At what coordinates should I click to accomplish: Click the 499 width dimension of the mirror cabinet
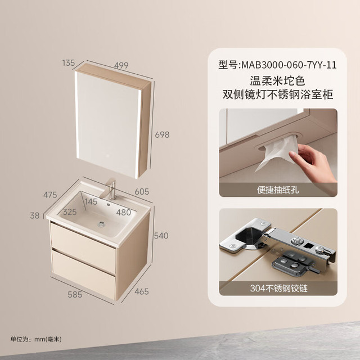[x=121, y=65]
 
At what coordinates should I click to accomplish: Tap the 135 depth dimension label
[x=69, y=62]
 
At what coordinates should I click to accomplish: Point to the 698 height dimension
[x=162, y=134]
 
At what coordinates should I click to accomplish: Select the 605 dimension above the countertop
[x=142, y=191]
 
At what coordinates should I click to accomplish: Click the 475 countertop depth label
[x=50, y=195]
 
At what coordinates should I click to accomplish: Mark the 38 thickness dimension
[x=35, y=215]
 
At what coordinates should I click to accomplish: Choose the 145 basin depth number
[x=91, y=201]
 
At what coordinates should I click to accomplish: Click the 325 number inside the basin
[x=70, y=211]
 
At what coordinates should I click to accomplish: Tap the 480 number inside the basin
[x=124, y=213]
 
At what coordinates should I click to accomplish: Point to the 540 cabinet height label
[x=161, y=236]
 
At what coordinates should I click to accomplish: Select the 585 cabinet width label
[x=75, y=294]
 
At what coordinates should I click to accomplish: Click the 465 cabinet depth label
[x=142, y=291]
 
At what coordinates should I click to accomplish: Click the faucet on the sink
[x=109, y=189]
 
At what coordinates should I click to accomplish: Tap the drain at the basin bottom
[x=101, y=224]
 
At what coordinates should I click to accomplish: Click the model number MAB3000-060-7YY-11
[x=289, y=65]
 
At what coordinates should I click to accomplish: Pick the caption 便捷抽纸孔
[x=278, y=190]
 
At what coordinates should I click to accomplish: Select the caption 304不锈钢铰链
[x=278, y=288]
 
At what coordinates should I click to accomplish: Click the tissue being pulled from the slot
[x=277, y=152]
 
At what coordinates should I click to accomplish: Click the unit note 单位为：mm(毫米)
[x=36, y=339]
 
